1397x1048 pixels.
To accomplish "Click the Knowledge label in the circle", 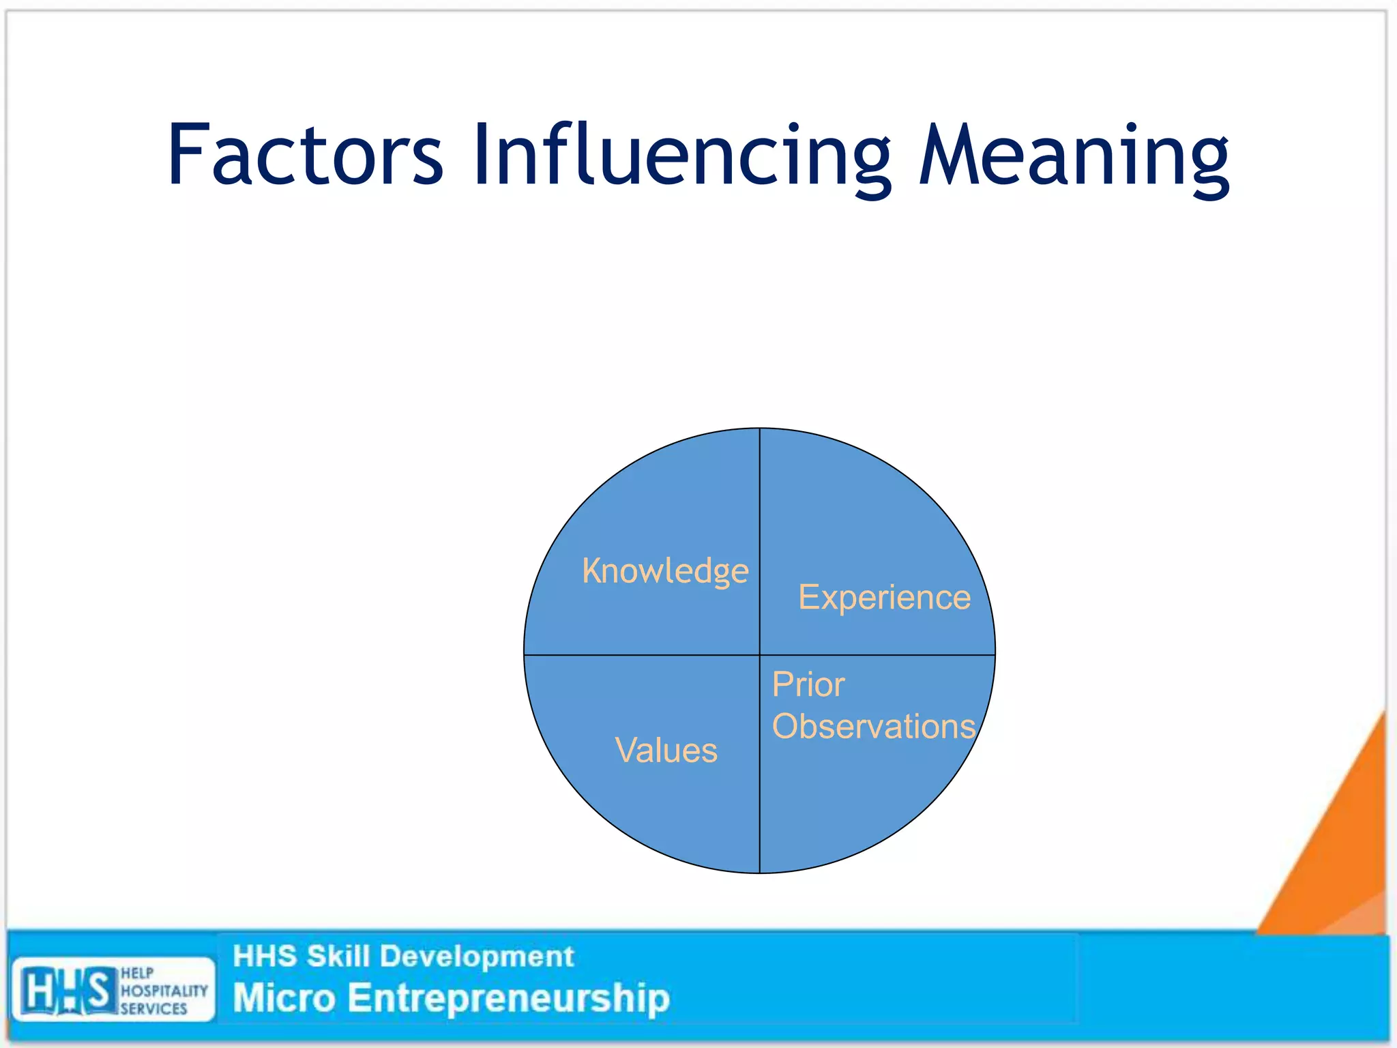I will tap(665, 570).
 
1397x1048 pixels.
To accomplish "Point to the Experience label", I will tap(884, 597).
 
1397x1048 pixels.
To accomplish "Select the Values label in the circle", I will tap(666, 750).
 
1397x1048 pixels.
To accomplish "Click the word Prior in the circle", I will tap(808, 684).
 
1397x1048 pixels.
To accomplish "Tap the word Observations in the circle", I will tap(874, 726).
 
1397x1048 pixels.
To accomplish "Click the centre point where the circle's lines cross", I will tap(760, 655).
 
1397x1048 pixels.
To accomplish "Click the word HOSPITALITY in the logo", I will tap(164, 991).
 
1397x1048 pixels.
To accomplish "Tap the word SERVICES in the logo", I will tap(153, 1008).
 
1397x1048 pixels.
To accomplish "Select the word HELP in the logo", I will tap(137, 973).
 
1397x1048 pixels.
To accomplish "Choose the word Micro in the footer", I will tap(284, 998).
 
